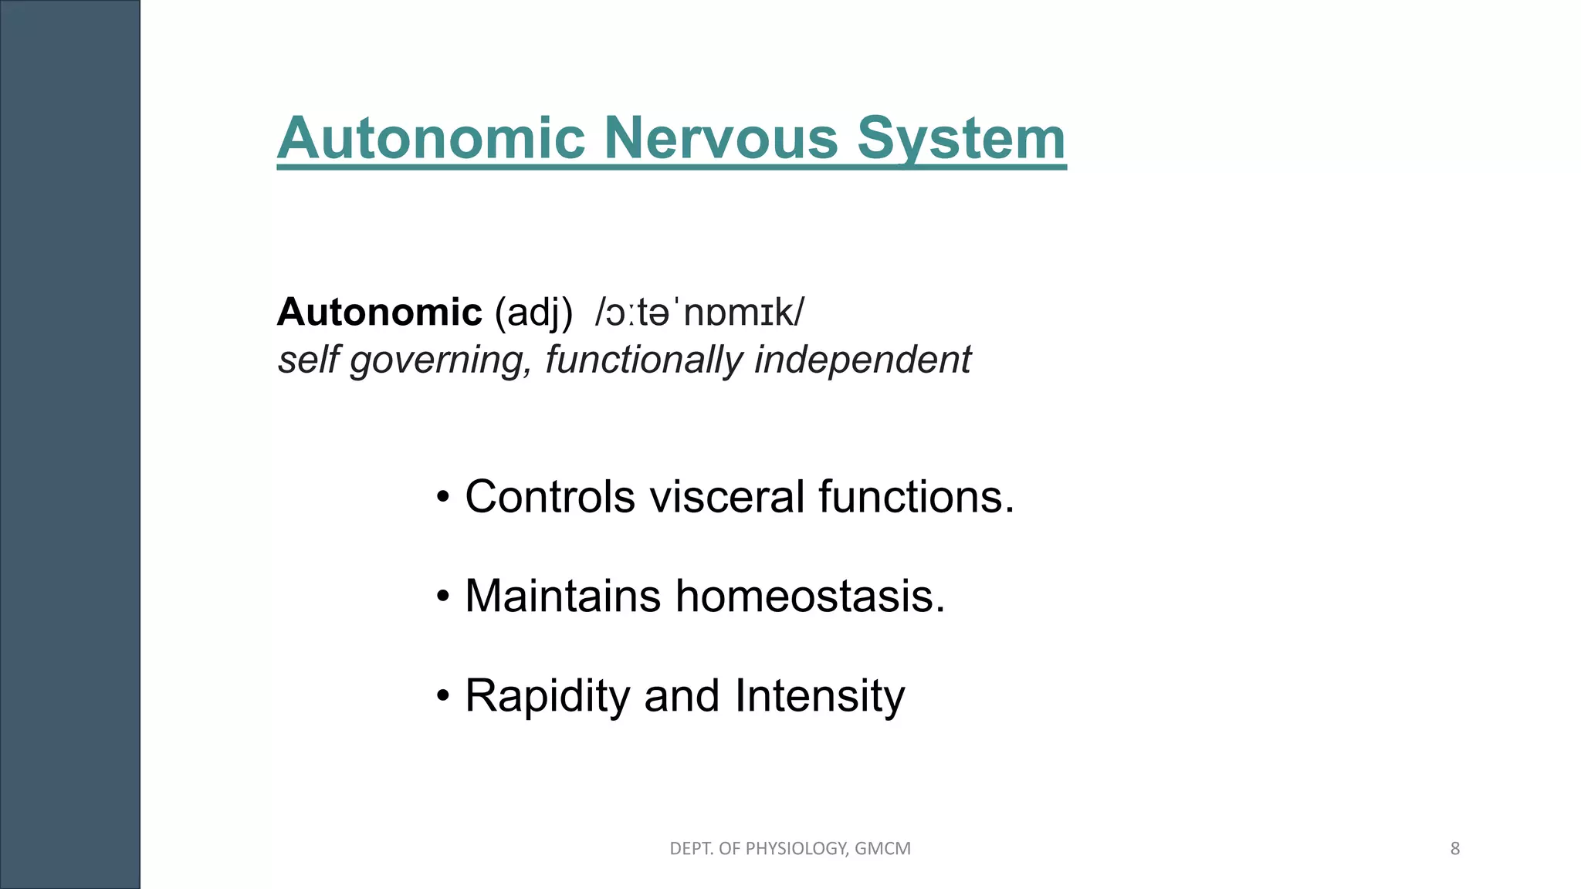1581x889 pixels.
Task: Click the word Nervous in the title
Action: click(x=720, y=138)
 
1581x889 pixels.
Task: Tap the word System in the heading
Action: click(x=961, y=138)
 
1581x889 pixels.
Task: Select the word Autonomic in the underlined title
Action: click(x=432, y=138)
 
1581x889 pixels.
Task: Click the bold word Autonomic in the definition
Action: click(x=380, y=312)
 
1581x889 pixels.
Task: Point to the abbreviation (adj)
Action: click(x=533, y=313)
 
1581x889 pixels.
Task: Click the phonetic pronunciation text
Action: click(x=699, y=312)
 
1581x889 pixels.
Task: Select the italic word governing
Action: click(x=441, y=360)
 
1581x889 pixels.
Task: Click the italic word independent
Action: click(x=862, y=360)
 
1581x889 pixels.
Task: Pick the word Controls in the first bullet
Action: click(x=550, y=496)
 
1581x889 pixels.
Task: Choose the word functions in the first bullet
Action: click(x=916, y=496)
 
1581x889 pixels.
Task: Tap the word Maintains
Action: click(x=563, y=596)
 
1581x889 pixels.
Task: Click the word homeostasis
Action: click(x=810, y=596)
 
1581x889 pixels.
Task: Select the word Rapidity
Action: click(x=547, y=696)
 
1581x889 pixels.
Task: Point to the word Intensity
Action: click(x=819, y=696)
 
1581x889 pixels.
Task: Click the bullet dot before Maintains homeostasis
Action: click(x=443, y=597)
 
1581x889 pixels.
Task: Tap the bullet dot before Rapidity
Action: click(x=443, y=696)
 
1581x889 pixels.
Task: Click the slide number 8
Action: click(x=1455, y=849)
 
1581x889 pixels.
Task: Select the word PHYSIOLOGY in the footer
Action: click(x=795, y=849)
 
